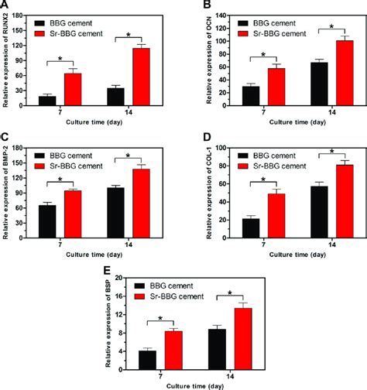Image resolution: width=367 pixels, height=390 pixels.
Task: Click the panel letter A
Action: [7, 6]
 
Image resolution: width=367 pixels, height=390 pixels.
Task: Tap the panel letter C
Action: [7, 136]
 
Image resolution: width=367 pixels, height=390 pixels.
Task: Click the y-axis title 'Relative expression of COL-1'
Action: [199, 189]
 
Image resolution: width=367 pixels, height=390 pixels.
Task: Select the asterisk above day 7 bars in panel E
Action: [159, 318]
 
